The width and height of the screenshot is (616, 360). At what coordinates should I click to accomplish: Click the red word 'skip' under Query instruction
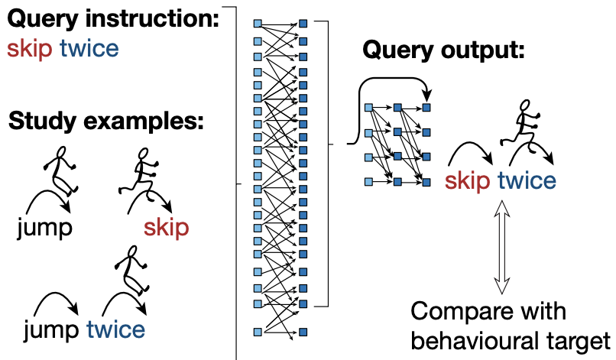pyautogui.click(x=30, y=50)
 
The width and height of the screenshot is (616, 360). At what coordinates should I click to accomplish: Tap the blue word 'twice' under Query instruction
pyautogui.click(x=89, y=50)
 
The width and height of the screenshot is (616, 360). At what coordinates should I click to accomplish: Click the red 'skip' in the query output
pyautogui.click(x=468, y=180)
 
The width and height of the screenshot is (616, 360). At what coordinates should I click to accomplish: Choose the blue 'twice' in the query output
pyautogui.click(x=527, y=180)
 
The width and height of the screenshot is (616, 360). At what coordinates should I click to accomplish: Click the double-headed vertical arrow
pyautogui.click(x=501, y=246)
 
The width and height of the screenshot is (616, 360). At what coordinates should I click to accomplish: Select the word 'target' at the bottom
pyautogui.click(x=581, y=339)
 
